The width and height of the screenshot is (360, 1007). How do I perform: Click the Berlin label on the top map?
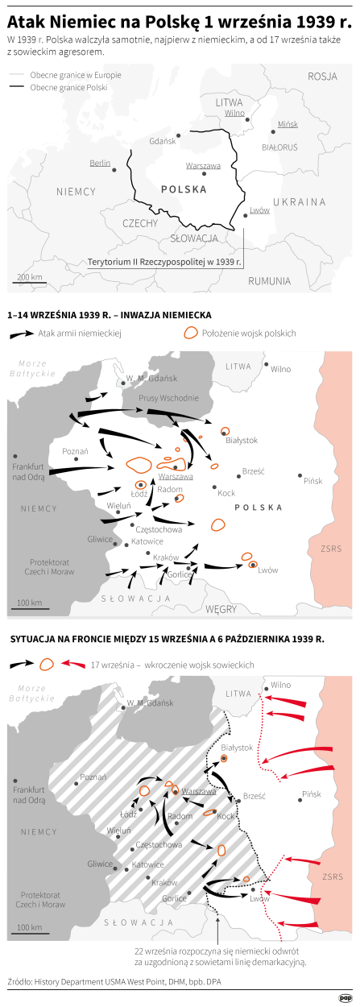pyautogui.click(x=100, y=163)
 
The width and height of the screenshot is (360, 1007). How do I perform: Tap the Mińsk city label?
pyautogui.click(x=288, y=125)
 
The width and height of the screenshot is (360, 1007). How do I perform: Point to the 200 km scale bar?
pyautogui.click(x=29, y=279)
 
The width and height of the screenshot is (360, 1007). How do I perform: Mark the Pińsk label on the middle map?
pyautogui.click(x=312, y=480)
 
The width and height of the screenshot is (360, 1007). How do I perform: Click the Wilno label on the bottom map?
pyautogui.click(x=280, y=685)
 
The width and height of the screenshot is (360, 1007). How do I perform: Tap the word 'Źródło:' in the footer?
pyautogui.click(x=22, y=981)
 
